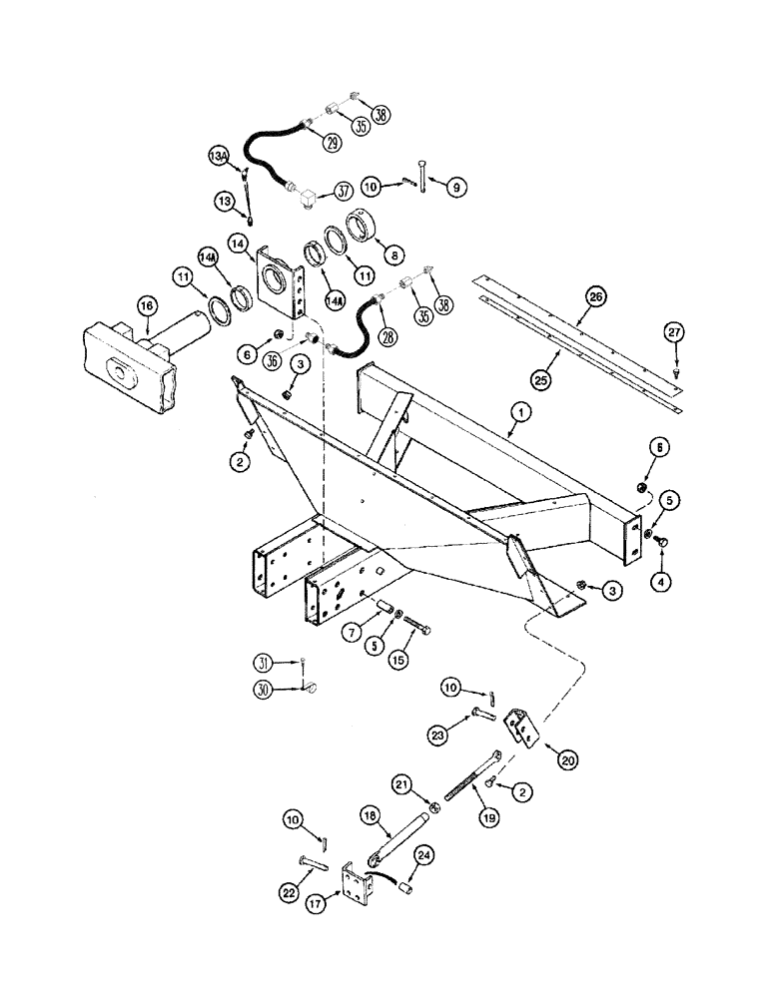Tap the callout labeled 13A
click(219, 157)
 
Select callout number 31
click(262, 663)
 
